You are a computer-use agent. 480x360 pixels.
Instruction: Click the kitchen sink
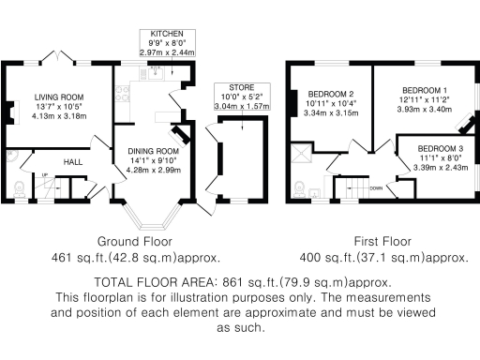(x=157, y=70)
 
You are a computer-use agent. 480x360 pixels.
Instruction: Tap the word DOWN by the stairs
(x=376, y=187)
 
